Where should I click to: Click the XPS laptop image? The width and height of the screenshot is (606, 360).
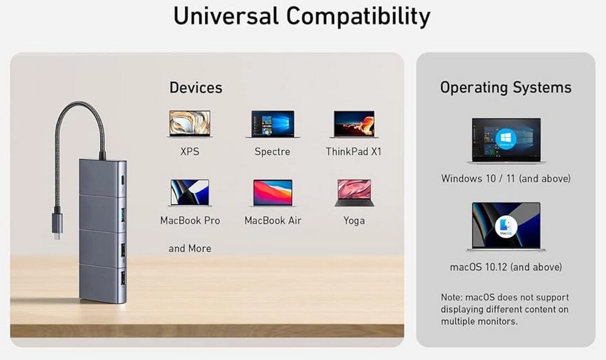[x=190, y=124]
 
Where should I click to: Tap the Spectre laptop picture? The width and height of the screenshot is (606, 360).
[x=273, y=124]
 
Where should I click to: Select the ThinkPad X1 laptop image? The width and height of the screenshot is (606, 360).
[x=354, y=124]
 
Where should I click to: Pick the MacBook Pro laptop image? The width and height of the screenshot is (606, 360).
[x=190, y=193]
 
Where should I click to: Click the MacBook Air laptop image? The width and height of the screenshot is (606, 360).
[x=273, y=193]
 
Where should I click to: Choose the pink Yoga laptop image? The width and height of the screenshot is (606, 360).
[x=354, y=193]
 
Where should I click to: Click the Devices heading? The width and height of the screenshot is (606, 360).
[x=196, y=88]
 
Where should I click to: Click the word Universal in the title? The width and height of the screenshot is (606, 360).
[x=226, y=16]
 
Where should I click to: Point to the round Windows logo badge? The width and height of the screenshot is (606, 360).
[x=506, y=138]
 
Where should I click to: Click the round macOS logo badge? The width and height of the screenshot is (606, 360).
[x=506, y=227]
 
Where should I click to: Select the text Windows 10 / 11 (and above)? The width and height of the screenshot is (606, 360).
[x=506, y=179]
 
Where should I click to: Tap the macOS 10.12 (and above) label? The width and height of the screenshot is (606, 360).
[x=506, y=267]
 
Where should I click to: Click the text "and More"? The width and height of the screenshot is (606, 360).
[x=190, y=248]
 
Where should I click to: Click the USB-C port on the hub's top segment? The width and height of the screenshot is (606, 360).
[x=123, y=181]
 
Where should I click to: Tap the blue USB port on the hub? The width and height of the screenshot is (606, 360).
[x=123, y=215]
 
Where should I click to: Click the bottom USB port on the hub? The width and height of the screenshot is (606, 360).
[x=123, y=278]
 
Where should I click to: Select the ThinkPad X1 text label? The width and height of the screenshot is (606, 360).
[x=354, y=152]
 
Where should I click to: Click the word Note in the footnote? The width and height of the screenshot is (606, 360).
[x=451, y=298]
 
